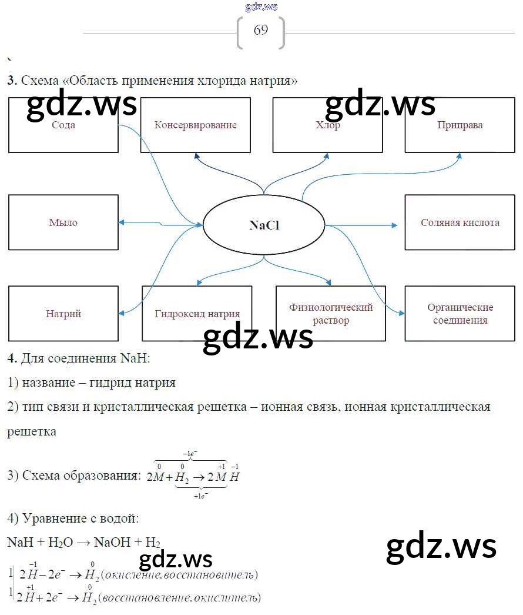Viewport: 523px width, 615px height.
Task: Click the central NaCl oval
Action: tap(264, 225)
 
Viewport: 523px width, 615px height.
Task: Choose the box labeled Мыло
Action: tap(63, 222)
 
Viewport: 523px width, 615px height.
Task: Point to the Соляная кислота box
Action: tap(460, 222)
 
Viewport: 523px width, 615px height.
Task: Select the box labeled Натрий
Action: tap(63, 314)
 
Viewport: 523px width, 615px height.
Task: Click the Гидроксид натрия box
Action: tap(197, 314)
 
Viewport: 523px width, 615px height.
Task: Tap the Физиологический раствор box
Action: tap(331, 314)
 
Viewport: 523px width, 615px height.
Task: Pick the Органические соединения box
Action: tap(460, 314)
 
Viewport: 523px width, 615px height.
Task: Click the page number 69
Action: tap(261, 31)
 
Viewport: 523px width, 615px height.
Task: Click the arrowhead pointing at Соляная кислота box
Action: tap(394, 225)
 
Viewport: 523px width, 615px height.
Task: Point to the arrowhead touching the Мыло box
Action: tap(121, 222)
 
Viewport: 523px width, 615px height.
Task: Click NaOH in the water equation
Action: tap(113, 542)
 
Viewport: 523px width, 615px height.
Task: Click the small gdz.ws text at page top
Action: tap(261, 7)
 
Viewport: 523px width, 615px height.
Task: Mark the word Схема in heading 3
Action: tap(39, 81)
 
